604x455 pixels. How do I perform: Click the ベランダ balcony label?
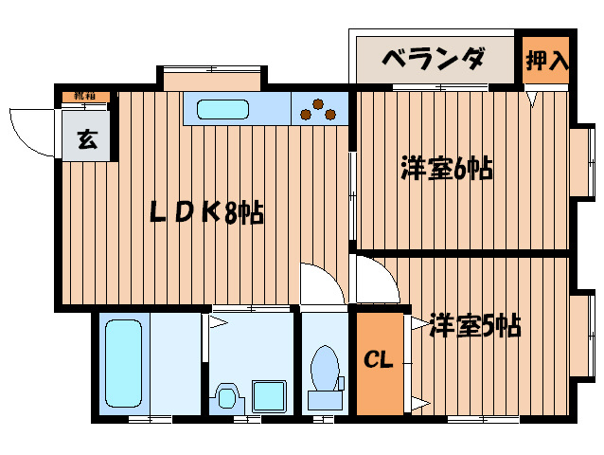[433, 61]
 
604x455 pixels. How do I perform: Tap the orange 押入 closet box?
[546, 62]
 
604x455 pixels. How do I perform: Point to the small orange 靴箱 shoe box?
[86, 96]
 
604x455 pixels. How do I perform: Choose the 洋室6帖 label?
[445, 170]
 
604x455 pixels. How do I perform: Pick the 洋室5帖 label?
[473, 326]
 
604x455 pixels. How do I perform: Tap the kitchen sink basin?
[223, 110]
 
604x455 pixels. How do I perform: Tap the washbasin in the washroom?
[227, 395]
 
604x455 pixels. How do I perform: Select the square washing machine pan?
[271, 394]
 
